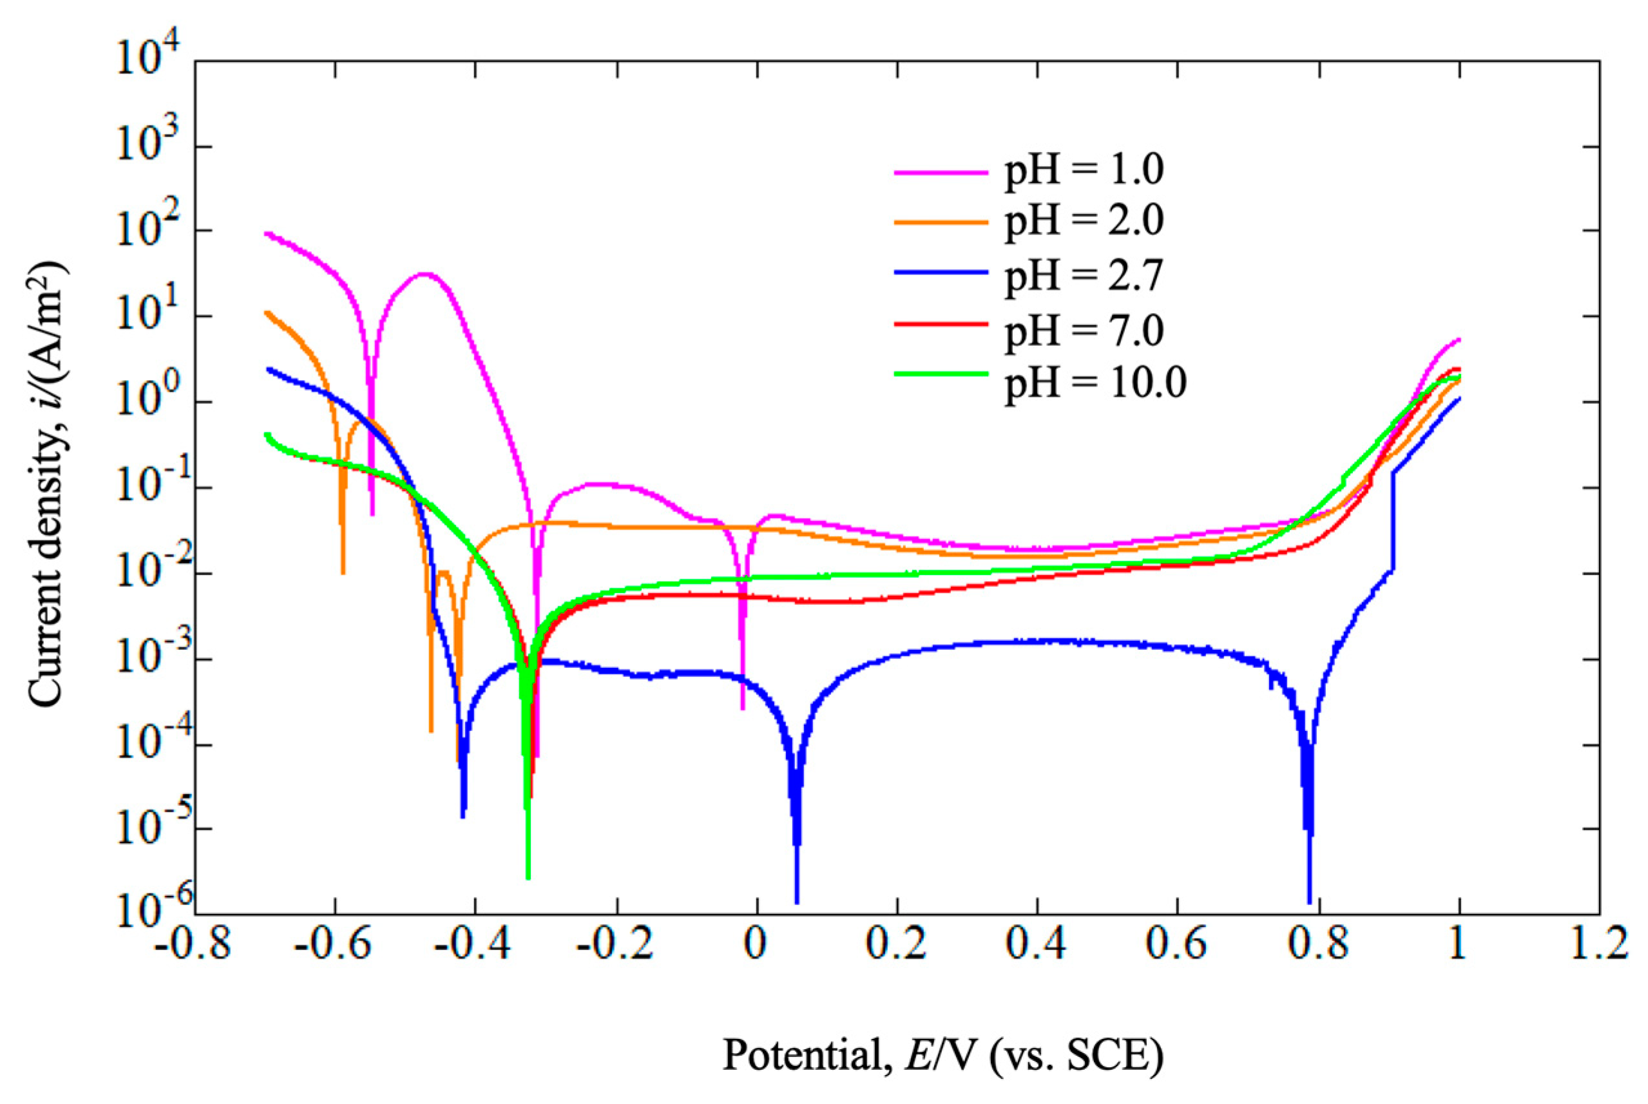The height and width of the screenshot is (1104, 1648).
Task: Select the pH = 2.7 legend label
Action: [1083, 275]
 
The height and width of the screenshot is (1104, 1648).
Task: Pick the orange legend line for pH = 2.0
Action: [941, 222]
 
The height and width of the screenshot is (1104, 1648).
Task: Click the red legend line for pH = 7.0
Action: [941, 324]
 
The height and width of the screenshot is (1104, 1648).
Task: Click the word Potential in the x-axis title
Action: [802, 1056]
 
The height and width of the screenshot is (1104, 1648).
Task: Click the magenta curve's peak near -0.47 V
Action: [424, 274]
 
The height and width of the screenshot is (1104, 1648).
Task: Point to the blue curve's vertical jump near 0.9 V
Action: [1392, 521]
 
